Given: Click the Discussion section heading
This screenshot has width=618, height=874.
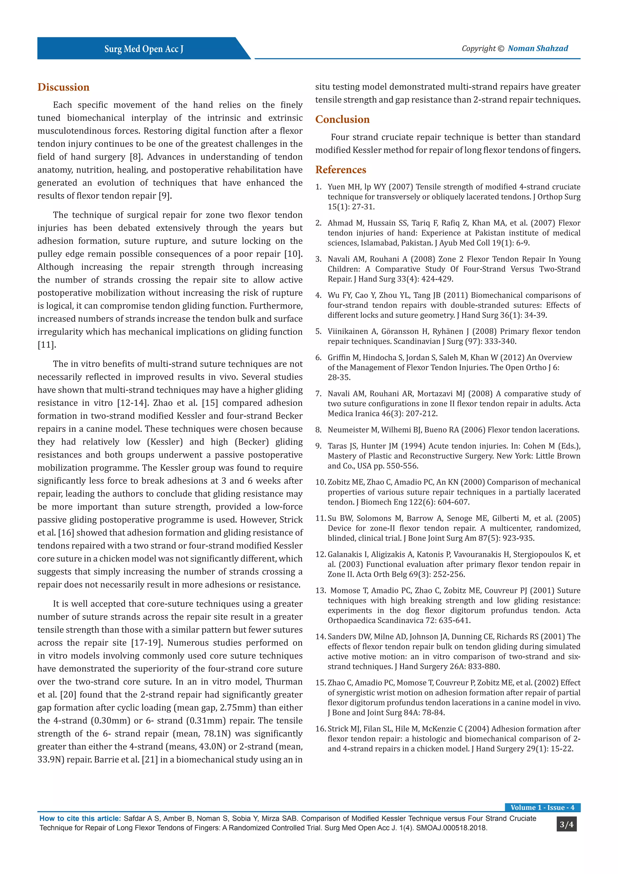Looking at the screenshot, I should pyautogui.click(x=63, y=87).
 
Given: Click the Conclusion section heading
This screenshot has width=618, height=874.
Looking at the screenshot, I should pyautogui.click(x=342, y=120).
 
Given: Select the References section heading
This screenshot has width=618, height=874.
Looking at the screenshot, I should pyautogui.click(x=341, y=170).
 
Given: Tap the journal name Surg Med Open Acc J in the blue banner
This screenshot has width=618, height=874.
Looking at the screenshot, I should pyautogui.click(x=144, y=49).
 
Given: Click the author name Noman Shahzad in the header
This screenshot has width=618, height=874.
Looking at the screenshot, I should pyautogui.click(x=538, y=48).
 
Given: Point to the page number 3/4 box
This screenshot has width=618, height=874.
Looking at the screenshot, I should pyautogui.click(x=566, y=825).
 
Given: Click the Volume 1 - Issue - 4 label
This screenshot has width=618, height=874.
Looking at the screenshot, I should pyautogui.click(x=542, y=807).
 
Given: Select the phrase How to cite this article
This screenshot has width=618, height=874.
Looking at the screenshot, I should pyautogui.click(x=80, y=818).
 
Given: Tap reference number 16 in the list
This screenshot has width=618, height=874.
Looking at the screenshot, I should pyautogui.click(x=320, y=729).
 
